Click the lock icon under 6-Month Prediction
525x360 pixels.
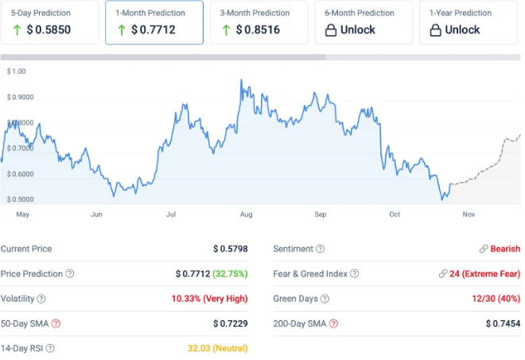(x=332, y=30)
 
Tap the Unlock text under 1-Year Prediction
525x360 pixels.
(x=462, y=30)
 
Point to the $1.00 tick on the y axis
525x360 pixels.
(x=16, y=72)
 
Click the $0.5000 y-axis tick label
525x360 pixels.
(x=21, y=199)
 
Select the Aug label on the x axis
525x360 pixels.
(x=246, y=215)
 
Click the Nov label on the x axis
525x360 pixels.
(x=469, y=215)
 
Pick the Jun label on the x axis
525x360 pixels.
(x=97, y=215)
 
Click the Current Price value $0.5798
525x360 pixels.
(x=230, y=249)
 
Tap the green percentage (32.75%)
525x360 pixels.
(x=231, y=274)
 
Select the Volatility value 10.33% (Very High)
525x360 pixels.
(x=209, y=299)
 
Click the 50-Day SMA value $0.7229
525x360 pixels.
(x=230, y=323)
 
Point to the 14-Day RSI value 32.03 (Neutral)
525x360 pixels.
(x=217, y=348)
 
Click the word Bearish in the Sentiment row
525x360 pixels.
(x=505, y=249)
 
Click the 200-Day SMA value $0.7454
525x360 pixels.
(x=503, y=323)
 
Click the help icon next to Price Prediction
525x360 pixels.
(x=70, y=274)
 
